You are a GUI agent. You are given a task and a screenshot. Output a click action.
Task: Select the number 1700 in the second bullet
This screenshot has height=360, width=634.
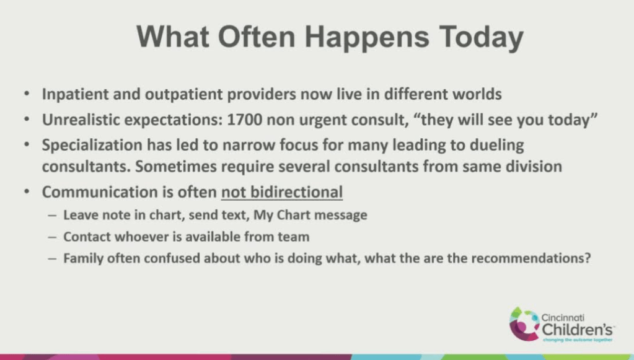245,120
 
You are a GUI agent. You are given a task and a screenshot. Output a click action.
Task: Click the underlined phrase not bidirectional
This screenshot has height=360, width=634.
282,192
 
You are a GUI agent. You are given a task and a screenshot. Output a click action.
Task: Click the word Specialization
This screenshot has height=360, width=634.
92,145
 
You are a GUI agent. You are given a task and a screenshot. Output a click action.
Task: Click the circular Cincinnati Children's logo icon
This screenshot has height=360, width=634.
524,325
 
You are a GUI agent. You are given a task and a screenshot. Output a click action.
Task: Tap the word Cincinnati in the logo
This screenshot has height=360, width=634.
563,318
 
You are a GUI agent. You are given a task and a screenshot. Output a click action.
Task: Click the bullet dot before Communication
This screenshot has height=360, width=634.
27,191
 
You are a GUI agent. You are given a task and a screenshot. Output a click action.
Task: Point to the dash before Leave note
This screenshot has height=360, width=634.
52,216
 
